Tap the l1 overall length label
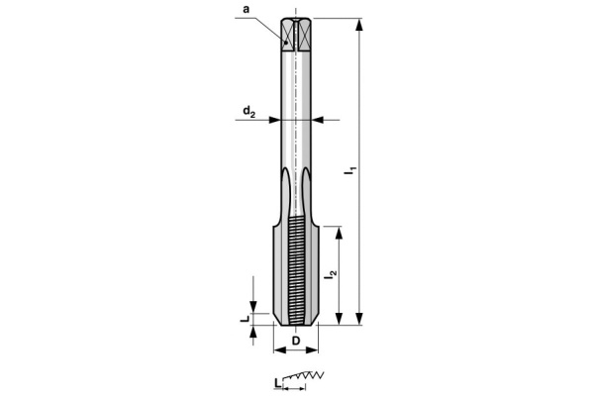point(349,171)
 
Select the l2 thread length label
point(330,278)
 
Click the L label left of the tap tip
point(244,319)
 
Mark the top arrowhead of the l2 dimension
point(340,231)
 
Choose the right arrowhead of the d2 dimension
point(317,120)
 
